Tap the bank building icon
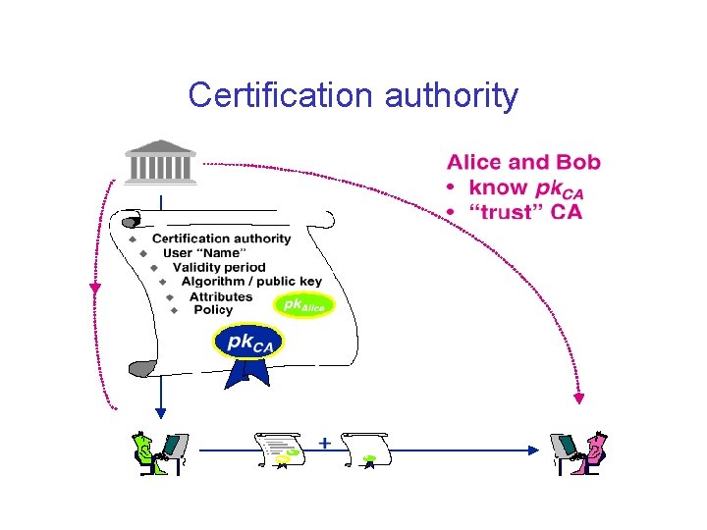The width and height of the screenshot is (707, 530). point(161,162)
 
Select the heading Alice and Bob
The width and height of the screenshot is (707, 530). point(523,163)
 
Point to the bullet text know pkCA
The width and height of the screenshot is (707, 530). point(526,187)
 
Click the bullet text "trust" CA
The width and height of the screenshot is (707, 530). point(525,211)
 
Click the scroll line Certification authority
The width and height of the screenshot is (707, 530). point(221,238)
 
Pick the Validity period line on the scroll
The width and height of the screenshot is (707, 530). point(219,267)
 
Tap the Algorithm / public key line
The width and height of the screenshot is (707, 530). point(250,282)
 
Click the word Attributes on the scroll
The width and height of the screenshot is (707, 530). point(221,296)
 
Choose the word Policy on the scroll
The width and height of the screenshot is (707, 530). point(213,310)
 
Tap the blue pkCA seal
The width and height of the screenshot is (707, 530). point(247,343)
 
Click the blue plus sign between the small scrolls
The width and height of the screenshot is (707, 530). point(324,444)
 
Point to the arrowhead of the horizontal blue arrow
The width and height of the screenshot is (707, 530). point(535,450)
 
